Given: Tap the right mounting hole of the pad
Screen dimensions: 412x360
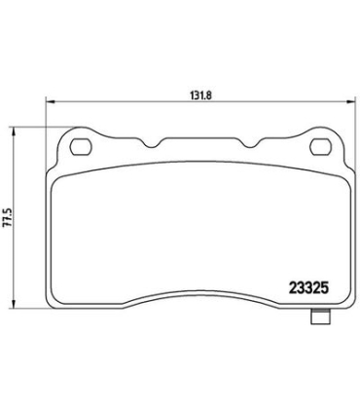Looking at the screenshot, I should click(x=318, y=147).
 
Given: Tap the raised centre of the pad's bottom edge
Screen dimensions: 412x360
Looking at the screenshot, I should click(x=199, y=293).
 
